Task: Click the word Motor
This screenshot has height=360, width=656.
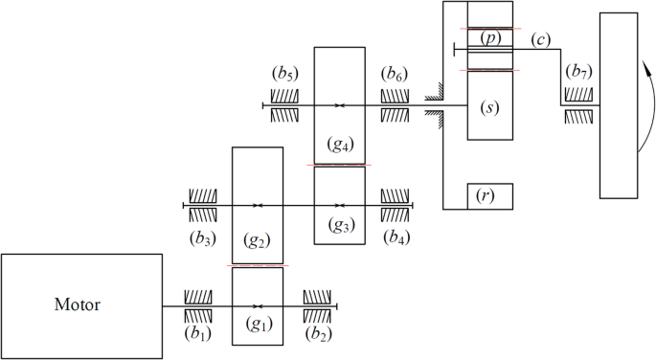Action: coord(78,305)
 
